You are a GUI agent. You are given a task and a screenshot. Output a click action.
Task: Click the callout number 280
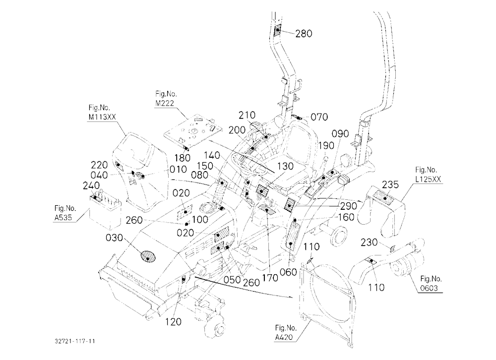pyautogui.click(x=304, y=33)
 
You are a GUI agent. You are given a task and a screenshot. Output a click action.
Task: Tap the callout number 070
pyautogui.click(x=319, y=117)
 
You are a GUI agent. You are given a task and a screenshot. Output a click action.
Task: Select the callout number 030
pyautogui.click(x=114, y=238)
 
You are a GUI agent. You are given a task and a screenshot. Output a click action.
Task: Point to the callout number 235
pyautogui.click(x=390, y=184)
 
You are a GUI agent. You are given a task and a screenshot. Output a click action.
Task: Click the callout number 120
pyautogui.click(x=173, y=322)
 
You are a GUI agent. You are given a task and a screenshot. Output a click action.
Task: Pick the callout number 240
pyautogui.click(x=91, y=185)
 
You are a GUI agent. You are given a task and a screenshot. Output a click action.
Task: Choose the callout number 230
pyautogui.click(x=369, y=242)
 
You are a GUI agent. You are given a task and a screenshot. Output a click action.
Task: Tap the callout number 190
pyautogui.click(x=326, y=145)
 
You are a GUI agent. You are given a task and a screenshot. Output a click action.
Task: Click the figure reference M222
pyautogui.click(x=165, y=103)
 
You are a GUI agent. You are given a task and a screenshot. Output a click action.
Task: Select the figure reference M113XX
pyautogui.click(x=102, y=117)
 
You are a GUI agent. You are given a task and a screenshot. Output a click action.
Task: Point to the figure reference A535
pyautogui.click(x=63, y=218)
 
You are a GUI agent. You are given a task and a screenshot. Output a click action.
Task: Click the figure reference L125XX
pyautogui.click(x=428, y=179)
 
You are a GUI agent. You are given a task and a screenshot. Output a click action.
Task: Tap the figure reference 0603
pyautogui.click(x=429, y=288)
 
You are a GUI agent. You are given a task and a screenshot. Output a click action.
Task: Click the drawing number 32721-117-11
pyautogui.click(x=75, y=341)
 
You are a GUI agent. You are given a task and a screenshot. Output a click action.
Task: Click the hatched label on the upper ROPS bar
pyautogui.click(x=278, y=30)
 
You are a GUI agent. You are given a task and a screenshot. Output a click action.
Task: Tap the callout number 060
pyautogui.click(x=289, y=272)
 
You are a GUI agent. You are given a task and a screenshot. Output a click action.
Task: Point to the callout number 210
pyautogui.click(x=247, y=115)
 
